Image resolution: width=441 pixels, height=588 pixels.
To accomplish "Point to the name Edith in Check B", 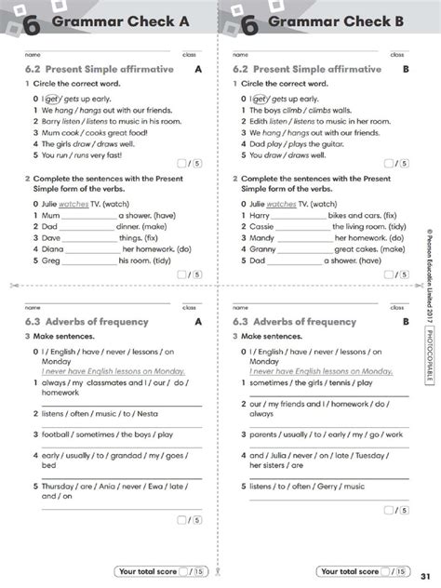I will pyautogui.click(x=261, y=120).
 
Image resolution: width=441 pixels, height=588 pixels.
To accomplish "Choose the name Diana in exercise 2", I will pyautogui.click(x=53, y=249).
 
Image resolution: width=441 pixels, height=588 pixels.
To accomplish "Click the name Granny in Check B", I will pyautogui.click(x=263, y=249).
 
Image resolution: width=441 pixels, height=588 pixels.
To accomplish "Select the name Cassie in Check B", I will pyautogui.click(x=262, y=226).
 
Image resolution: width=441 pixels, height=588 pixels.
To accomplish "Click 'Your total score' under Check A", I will pyautogui.click(x=146, y=571).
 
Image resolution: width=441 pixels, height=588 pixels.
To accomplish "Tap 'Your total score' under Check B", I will pyautogui.click(x=349, y=571).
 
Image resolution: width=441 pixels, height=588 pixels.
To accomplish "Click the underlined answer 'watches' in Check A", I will pyautogui.click(x=73, y=204).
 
